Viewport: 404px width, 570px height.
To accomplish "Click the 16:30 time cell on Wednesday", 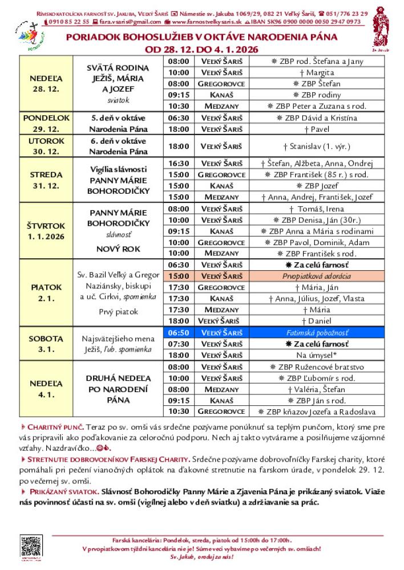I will (x=179, y=163).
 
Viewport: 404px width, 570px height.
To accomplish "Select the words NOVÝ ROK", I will (x=118, y=249).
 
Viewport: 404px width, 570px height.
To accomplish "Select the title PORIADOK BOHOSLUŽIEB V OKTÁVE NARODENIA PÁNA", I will (x=201, y=37).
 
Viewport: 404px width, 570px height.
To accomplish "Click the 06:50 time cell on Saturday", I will (x=179, y=333).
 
